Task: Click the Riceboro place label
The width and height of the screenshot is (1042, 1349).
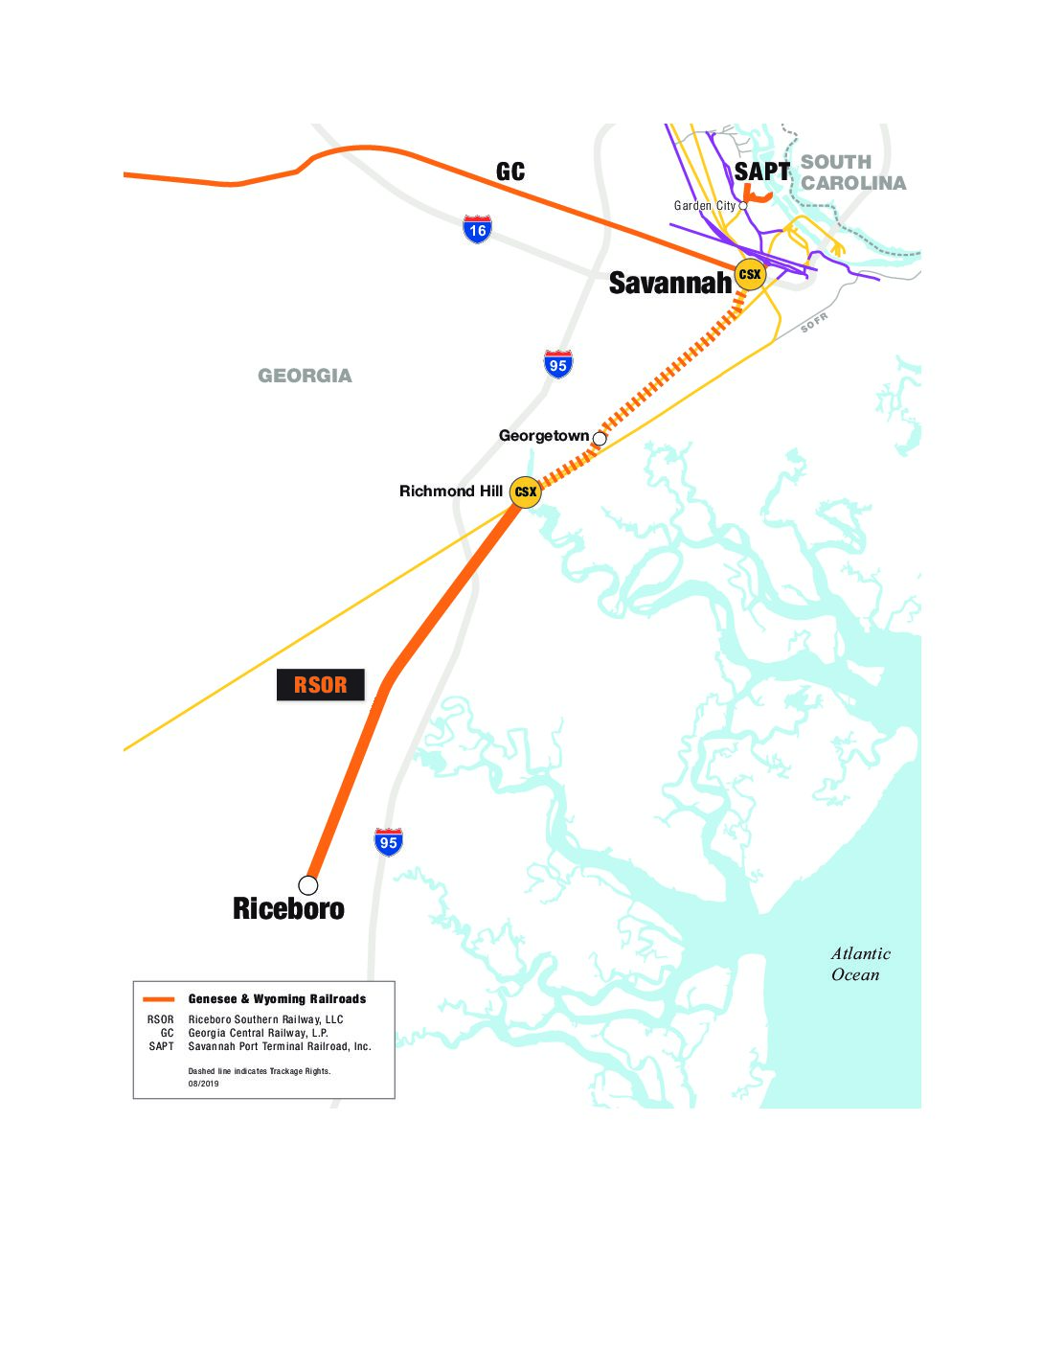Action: point(288,908)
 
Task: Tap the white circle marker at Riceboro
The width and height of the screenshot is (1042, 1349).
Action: point(308,884)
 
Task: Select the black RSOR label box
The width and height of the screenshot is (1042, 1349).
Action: point(320,685)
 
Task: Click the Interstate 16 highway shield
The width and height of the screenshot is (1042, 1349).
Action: point(477,229)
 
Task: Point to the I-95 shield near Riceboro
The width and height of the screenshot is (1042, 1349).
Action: point(388,842)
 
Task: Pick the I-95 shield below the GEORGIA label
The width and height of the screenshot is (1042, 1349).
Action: point(557,364)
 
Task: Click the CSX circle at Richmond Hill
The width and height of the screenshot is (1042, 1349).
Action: point(525,492)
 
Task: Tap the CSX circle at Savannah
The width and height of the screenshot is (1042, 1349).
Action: point(750,275)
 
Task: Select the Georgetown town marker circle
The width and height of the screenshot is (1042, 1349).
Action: point(600,439)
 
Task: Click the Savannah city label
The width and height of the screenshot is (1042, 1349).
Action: point(669,283)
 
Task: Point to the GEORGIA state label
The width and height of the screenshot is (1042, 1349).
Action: point(305,376)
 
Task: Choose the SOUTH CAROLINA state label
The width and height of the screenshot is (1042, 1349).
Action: point(852,172)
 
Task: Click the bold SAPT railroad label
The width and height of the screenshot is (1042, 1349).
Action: point(761,171)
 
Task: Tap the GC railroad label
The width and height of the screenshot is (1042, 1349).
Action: point(510,171)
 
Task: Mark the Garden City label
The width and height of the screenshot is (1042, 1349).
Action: point(704,206)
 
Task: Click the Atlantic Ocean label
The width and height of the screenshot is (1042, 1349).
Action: point(860,964)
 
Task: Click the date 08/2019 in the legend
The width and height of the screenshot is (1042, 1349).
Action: point(203,1084)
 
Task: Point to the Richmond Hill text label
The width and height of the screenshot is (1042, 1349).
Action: point(450,492)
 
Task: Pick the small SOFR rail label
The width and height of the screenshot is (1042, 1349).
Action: point(814,323)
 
